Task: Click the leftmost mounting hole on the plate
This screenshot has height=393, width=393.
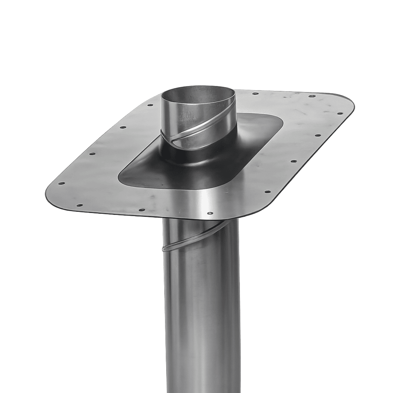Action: [x=60, y=183]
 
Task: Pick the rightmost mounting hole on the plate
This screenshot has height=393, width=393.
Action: [x=339, y=113]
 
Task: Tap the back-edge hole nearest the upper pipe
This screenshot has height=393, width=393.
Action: [x=254, y=93]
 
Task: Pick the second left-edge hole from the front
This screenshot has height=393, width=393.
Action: [x=92, y=154]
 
